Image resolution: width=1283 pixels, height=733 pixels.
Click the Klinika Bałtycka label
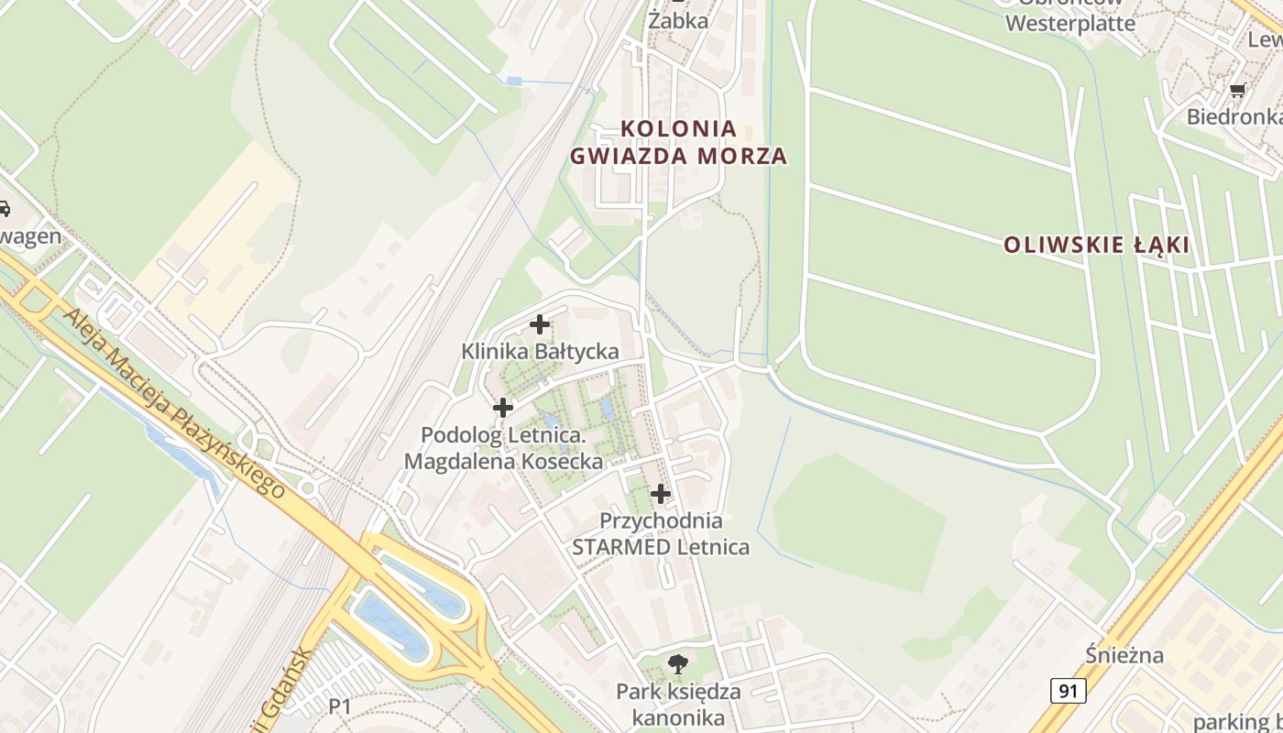[540, 351]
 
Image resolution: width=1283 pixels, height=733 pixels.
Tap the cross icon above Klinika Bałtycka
[540, 323]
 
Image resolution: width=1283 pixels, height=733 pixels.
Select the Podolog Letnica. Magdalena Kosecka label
[503, 448]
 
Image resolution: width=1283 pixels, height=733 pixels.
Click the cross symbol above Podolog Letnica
[503, 408]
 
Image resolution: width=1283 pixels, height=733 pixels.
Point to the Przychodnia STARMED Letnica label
[661, 534]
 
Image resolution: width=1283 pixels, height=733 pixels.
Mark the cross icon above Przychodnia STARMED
[661, 495]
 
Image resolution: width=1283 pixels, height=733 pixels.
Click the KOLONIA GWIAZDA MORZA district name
[679, 142]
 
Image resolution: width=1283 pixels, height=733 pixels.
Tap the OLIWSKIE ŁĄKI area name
[1096, 245]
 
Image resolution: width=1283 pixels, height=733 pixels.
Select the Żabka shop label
[678, 20]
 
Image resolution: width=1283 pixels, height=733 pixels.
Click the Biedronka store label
[1234, 116]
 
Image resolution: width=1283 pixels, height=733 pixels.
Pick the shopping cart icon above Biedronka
[1237, 90]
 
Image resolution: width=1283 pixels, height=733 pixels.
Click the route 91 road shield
[1068, 690]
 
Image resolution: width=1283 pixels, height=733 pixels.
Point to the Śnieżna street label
[1124, 655]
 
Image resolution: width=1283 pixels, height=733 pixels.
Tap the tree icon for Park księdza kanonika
[678, 664]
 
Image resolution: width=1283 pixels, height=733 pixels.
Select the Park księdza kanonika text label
[678, 704]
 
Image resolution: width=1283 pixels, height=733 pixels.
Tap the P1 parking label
[340, 706]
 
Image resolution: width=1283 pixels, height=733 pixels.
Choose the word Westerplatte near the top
[1070, 24]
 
